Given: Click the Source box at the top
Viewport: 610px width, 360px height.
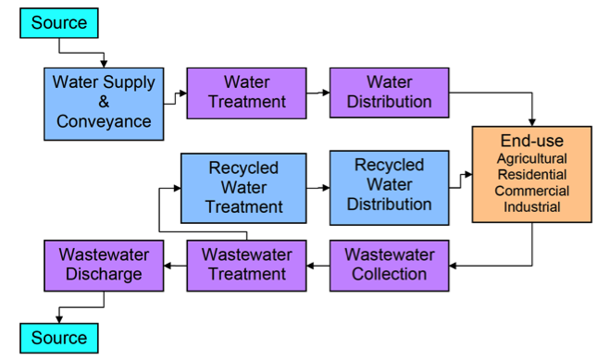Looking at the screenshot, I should coord(58,23).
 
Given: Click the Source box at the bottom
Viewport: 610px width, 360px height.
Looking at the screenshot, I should coord(58,338).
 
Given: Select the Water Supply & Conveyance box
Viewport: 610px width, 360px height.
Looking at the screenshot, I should coord(105,101).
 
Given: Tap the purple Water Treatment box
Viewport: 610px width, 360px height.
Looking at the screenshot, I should coord(247,93).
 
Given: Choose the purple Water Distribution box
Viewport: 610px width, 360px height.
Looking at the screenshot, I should coord(389,93).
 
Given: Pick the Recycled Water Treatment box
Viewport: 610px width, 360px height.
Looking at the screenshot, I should coord(243,186).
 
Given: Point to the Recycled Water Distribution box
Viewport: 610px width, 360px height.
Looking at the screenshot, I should coord(389,186).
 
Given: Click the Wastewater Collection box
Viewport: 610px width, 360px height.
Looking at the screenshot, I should coord(389,264).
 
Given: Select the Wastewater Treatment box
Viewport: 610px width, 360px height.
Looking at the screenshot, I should coord(247,264).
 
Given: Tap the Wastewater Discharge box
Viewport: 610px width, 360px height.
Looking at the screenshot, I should coord(101,264).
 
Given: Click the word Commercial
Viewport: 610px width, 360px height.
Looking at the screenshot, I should coord(531,191).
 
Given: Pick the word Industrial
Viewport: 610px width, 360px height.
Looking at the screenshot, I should coord(531,206).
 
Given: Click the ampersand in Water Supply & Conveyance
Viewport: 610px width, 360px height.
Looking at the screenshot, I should coord(105,101).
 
